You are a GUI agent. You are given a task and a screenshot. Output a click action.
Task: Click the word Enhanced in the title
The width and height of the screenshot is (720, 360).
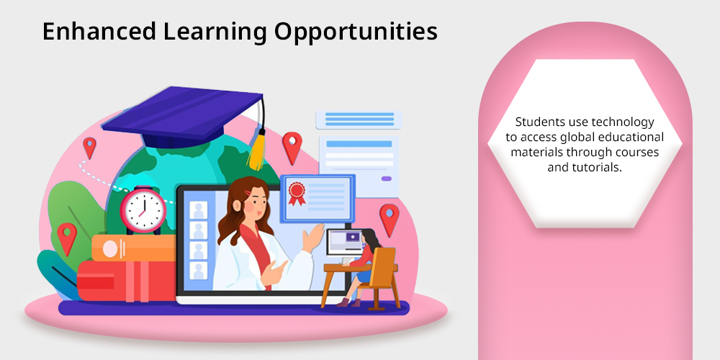click(99, 32)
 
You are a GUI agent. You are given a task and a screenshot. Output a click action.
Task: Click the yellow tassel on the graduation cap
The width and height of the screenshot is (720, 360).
click(257, 149)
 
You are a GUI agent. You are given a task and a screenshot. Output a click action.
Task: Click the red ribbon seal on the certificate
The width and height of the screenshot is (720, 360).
click(297, 193)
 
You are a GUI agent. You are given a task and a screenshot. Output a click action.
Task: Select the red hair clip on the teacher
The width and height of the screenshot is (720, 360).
click(248, 192)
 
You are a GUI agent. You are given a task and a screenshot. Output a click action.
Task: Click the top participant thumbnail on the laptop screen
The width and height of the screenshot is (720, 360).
click(199, 210)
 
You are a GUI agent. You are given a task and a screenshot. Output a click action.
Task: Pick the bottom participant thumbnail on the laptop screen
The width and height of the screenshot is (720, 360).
click(199, 271)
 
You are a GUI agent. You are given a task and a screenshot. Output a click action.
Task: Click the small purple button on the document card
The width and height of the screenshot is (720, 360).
click(387, 179)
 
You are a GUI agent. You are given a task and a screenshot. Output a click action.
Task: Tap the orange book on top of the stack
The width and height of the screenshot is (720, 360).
click(133, 248)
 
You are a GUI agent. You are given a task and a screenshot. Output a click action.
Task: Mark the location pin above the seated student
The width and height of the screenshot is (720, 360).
click(390, 220)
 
